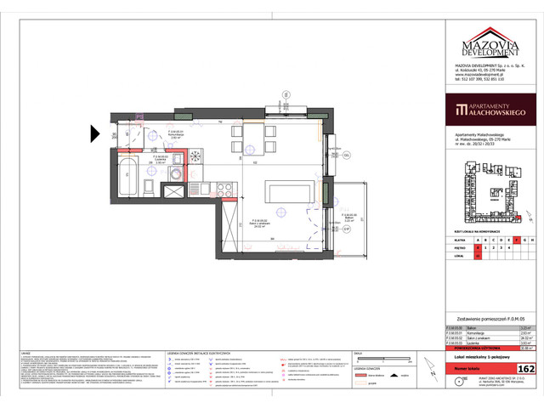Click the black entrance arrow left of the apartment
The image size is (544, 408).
tap(95, 133)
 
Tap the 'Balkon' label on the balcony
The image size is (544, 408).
tap(348, 216)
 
